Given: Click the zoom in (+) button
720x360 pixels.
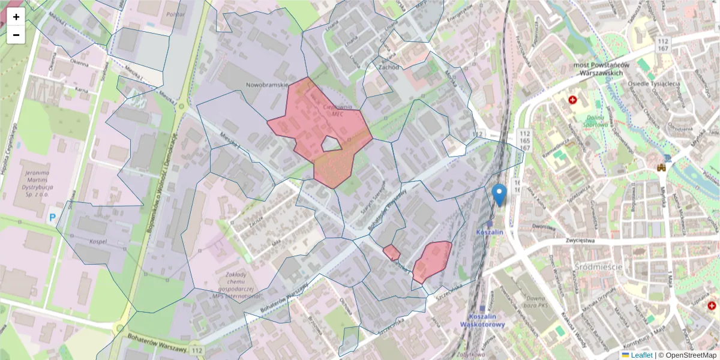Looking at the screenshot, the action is point(16,17).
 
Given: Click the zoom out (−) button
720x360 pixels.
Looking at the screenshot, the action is point(16,35).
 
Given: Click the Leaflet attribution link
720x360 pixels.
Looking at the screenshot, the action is point(641,355).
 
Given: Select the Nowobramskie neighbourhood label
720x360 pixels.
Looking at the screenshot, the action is point(268,85).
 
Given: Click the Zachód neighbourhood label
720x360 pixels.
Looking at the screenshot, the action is point(389,68).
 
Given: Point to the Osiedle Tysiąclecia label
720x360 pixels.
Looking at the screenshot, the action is point(653,84).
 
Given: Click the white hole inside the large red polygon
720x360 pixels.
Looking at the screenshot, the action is point(331,143).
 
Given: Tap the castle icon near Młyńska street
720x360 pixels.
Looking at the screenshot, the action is point(662,168).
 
